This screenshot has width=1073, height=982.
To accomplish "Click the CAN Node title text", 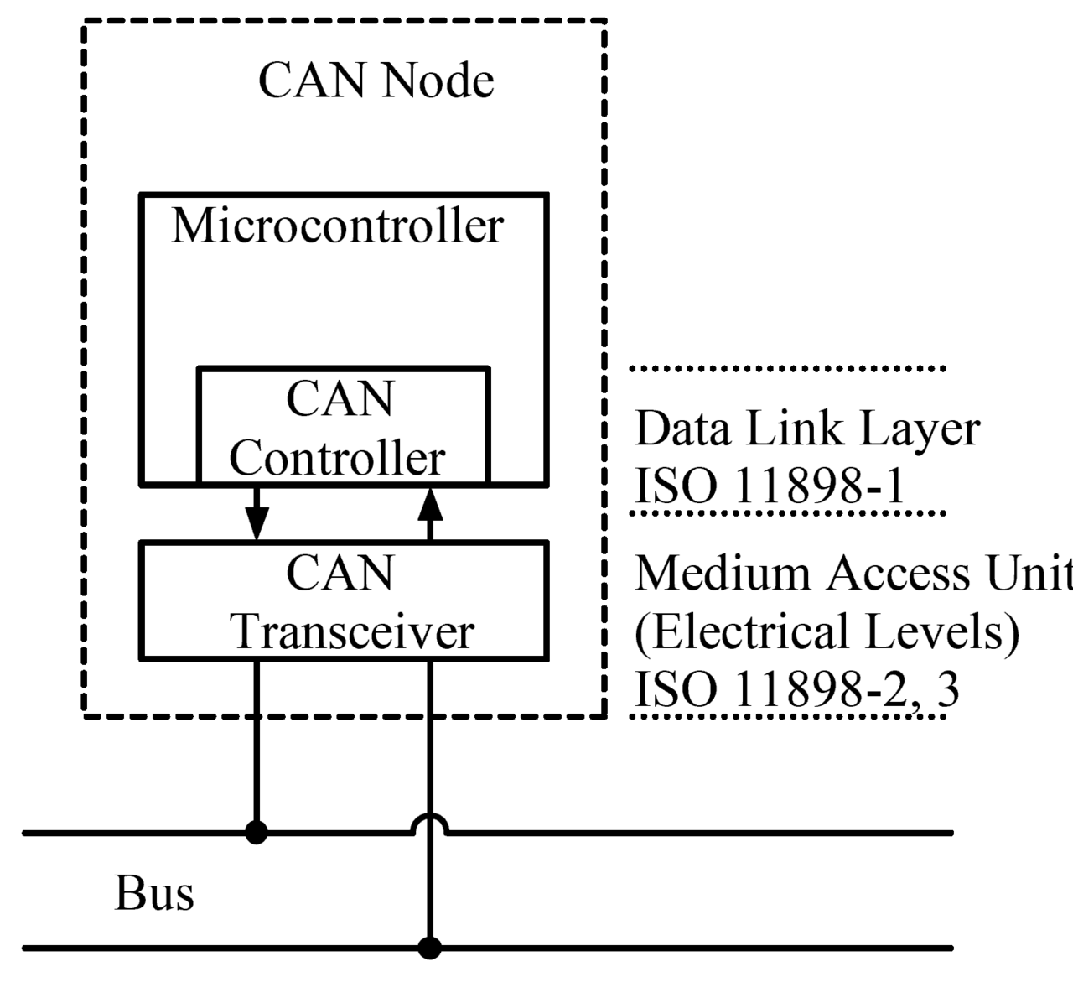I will (x=376, y=81).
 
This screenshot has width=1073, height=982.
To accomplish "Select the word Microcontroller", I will (x=337, y=226).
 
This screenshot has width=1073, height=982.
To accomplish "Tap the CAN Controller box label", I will (x=339, y=429).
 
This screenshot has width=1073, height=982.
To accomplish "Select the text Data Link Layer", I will (x=806, y=429).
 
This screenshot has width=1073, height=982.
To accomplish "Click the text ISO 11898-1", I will (x=770, y=486).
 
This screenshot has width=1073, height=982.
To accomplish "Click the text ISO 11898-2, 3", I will (x=796, y=689).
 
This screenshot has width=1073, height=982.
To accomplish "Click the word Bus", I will (x=154, y=893).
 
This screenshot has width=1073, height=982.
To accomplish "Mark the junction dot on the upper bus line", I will (x=257, y=833).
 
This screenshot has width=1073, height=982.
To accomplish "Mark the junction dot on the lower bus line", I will (x=430, y=948).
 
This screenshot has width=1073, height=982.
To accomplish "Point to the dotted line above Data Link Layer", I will (x=788, y=368).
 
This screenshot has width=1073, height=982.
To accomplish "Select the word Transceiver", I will (x=353, y=631).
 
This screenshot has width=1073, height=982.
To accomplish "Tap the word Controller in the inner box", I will (x=337, y=458).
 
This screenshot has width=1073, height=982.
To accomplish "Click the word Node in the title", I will (x=437, y=81).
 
